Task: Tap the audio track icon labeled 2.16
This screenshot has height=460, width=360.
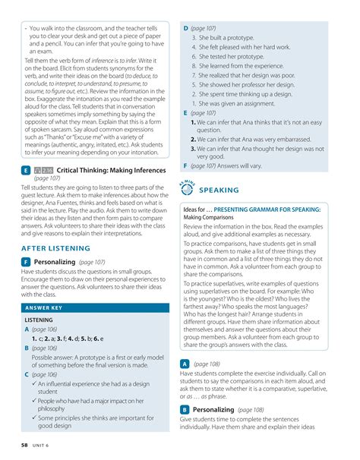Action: [x=43, y=172]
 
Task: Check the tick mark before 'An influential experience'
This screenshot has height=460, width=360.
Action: [x=33, y=385]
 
